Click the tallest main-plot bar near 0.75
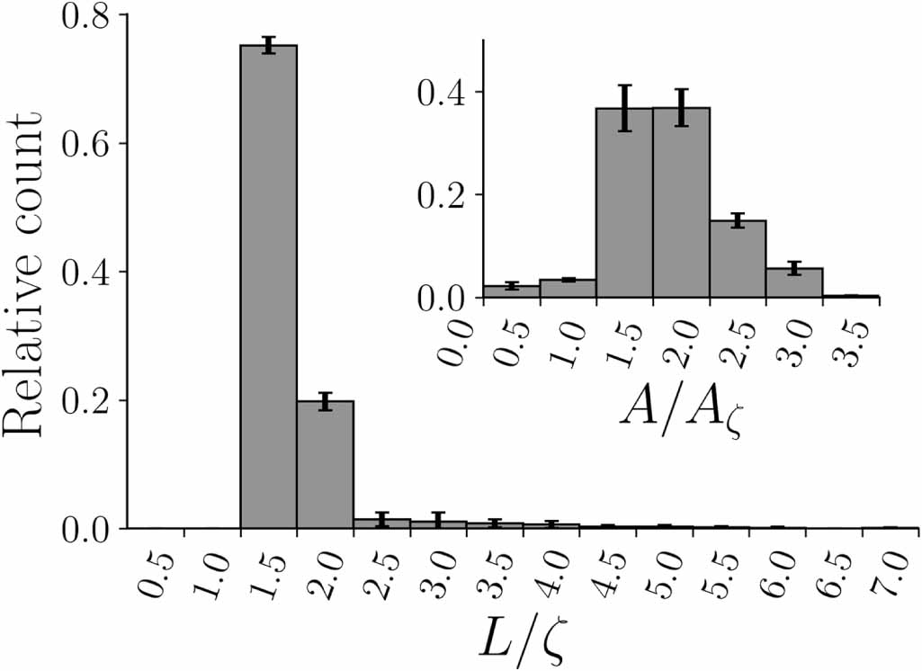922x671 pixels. point(268,288)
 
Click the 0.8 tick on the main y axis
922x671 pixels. point(85,15)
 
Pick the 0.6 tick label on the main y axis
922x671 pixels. point(85,144)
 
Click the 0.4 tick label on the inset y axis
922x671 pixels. point(442,92)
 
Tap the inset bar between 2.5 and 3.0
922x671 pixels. point(794,282)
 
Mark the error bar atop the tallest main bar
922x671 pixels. point(268,45)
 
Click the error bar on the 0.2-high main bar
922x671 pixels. point(325,401)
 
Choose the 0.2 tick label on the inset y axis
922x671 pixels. point(442,194)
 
